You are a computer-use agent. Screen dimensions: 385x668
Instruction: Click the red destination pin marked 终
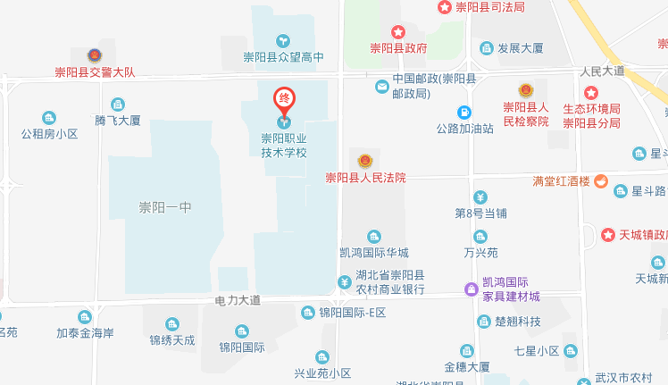point(284,98)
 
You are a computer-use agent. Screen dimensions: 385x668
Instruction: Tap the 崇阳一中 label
point(165,207)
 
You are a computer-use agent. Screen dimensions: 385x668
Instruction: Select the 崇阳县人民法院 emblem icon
point(364,161)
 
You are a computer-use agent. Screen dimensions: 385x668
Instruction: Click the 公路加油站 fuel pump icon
point(464,113)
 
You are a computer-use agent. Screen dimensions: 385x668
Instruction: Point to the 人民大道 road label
point(601,71)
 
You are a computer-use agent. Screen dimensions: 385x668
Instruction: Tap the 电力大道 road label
point(238,300)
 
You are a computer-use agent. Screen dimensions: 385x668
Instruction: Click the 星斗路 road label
point(649,190)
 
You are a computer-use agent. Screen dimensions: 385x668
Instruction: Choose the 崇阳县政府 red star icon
point(398,31)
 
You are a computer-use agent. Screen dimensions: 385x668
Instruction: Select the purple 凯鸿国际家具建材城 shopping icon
point(471,288)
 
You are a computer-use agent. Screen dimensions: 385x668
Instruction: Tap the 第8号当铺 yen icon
point(480,197)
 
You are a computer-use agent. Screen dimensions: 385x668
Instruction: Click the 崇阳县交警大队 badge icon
point(95,56)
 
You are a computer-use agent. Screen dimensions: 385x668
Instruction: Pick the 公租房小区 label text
point(50,134)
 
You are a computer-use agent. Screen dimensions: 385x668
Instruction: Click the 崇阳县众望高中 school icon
point(283,40)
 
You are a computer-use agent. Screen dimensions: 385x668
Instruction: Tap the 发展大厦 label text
point(521,48)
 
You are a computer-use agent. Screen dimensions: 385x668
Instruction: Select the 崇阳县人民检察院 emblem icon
point(525,90)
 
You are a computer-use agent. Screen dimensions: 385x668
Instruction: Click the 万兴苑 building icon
point(480,237)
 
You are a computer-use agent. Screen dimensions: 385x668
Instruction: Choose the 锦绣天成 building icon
point(171,323)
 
